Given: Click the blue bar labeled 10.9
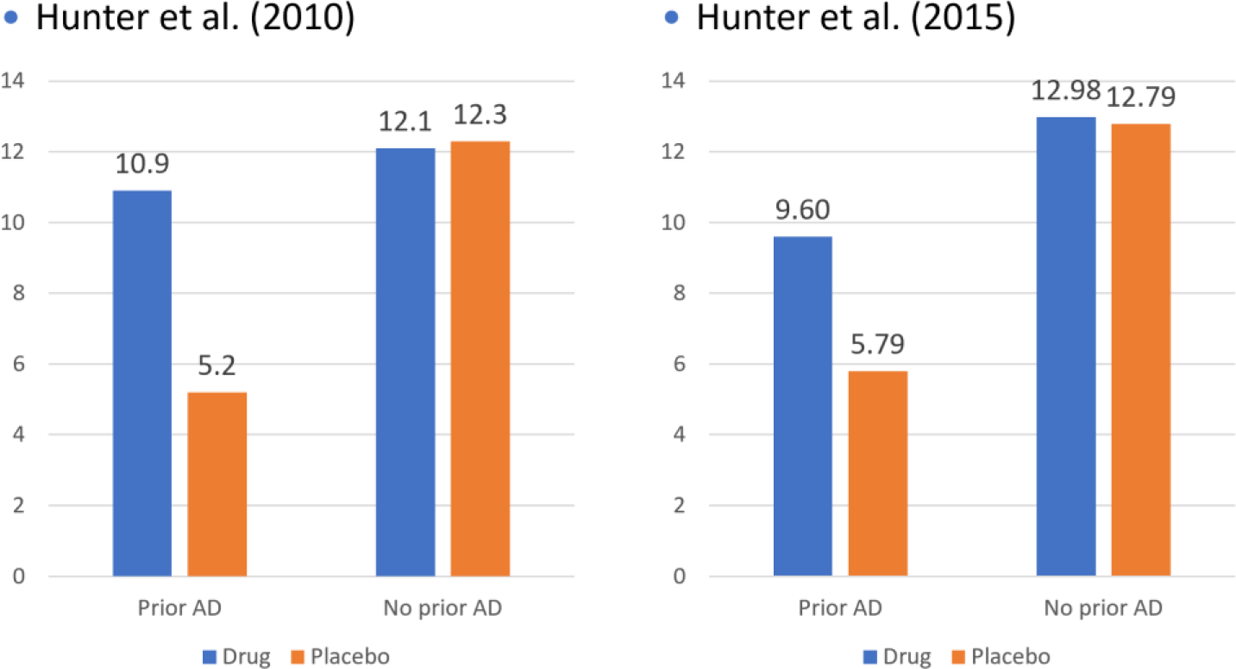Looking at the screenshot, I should pyautogui.click(x=142, y=383).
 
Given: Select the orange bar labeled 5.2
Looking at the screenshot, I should pyautogui.click(x=217, y=484).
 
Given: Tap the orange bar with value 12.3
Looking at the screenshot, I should pyautogui.click(x=480, y=358).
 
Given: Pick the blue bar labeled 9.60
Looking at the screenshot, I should pyautogui.click(x=802, y=406).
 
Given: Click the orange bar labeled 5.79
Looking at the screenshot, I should pyautogui.click(x=878, y=473).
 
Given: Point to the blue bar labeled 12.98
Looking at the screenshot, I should pyautogui.click(x=1066, y=346).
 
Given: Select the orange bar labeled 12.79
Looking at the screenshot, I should pyautogui.click(x=1141, y=349).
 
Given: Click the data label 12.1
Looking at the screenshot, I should pyautogui.click(x=405, y=122).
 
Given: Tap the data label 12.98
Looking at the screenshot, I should pyautogui.click(x=1065, y=91).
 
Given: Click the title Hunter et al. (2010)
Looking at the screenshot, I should pyautogui.click(x=195, y=18).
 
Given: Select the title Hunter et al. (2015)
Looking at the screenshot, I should pyautogui.click(x=855, y=18).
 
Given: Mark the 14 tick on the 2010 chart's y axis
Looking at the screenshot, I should pyautogui.click(x=12, y=81).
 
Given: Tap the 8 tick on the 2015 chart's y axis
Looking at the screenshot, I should pyautogui.click(x=679, y=293).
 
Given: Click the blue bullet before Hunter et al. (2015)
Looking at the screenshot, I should pyautogui.click(x=671, y=18).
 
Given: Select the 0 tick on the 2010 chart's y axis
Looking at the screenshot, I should pyautogui.click(x=18, y=576).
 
